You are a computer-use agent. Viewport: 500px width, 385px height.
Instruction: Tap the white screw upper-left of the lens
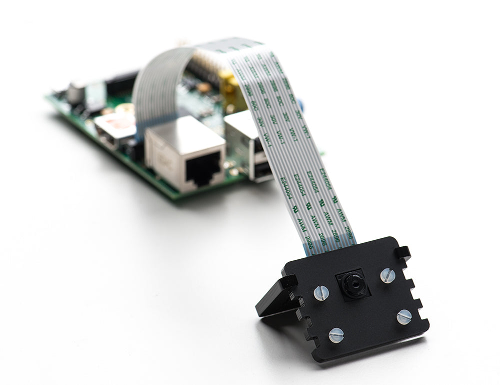pos(321,293)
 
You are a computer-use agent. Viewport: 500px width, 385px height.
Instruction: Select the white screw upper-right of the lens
pos(387,275)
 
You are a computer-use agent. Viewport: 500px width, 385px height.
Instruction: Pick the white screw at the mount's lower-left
pos(336,334)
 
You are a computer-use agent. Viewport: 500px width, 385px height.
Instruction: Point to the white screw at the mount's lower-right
pos(404,316)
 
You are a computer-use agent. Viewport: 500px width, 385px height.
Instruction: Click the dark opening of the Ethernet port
pos(202,170)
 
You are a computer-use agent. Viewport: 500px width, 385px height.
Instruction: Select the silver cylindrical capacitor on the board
pos(76,93)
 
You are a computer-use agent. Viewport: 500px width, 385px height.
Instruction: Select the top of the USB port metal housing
pos(240,120)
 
